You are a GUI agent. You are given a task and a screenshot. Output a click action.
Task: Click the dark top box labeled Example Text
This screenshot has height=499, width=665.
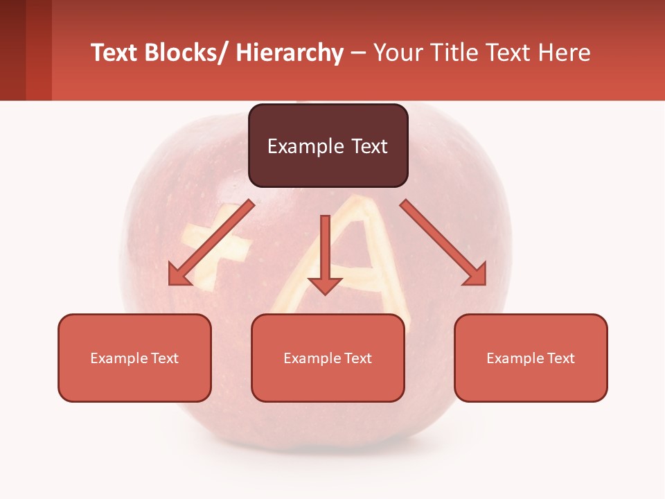[x=328, y=146]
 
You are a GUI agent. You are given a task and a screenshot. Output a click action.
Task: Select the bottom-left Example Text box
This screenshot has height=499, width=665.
[x=134, y=358]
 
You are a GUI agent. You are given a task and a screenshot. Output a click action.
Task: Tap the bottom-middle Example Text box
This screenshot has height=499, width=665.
[x=328, y=358]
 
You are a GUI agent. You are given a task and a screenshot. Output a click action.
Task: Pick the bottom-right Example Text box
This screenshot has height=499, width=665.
[x=531, y=358]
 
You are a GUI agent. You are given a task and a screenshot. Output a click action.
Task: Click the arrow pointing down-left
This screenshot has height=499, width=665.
[x=211, y=243]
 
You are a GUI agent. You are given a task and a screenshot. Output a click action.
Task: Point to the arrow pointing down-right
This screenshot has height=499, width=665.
[x=443, y=243]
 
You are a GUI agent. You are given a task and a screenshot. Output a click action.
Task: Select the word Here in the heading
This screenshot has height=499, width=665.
[x=565, y=53]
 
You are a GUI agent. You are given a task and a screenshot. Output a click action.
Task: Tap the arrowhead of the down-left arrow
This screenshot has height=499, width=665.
[x=179, y=275]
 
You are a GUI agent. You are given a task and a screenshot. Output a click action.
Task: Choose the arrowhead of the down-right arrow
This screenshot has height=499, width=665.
[x=475, y=274]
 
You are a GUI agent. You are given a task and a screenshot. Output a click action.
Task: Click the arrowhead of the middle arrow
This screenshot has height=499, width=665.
[x=325, y=286]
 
